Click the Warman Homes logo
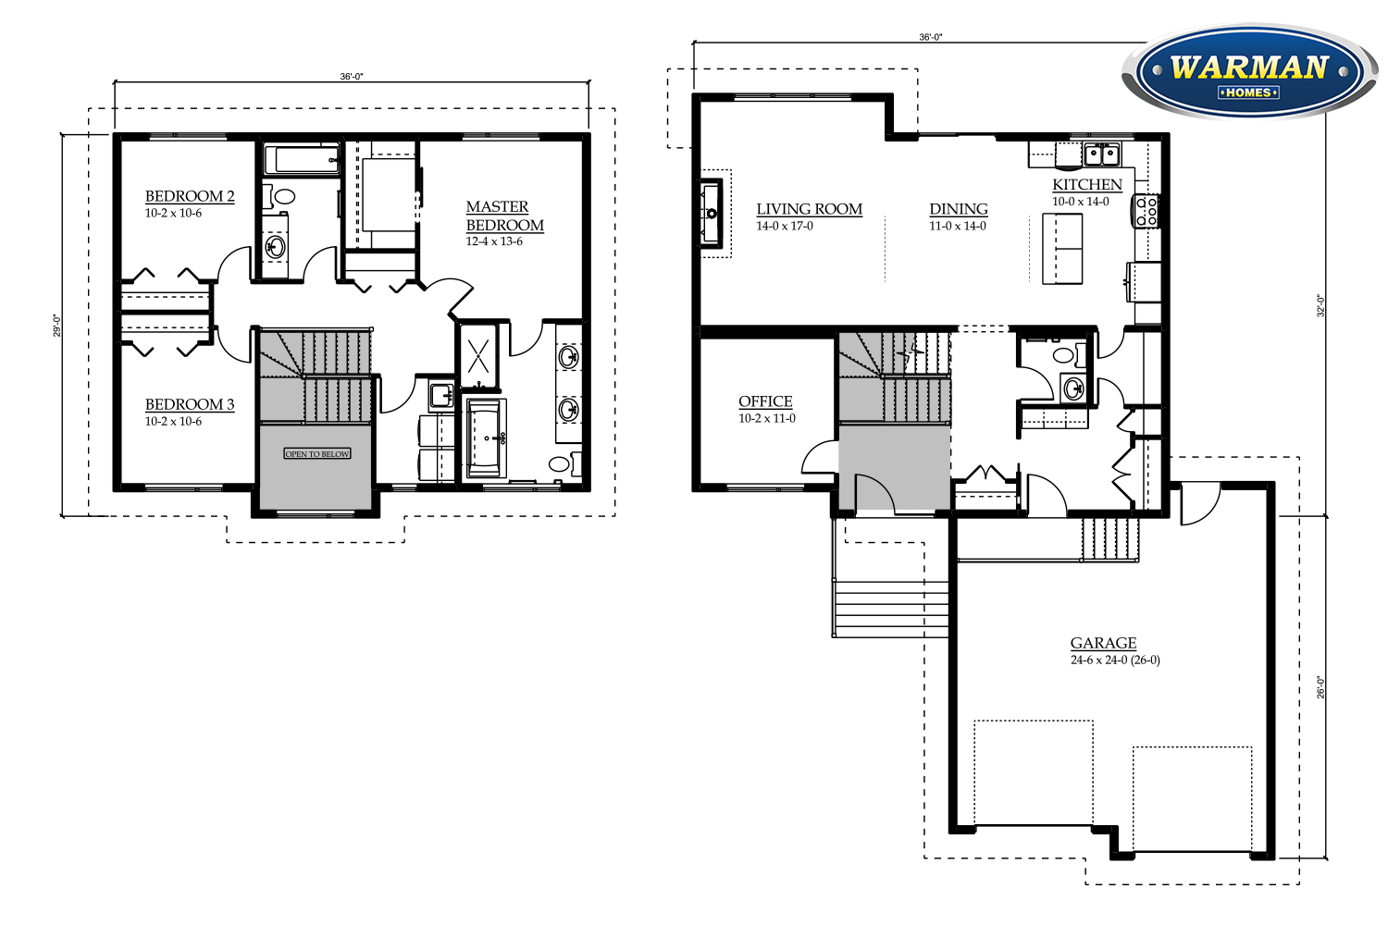click(x=1248, y=72)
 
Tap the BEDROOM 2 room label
click(x=190, y=196)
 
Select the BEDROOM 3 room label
click(x=190, y=404)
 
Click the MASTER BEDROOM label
click(x=504, y=216)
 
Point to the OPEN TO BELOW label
click(x=317, y=453)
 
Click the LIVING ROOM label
click(x=809, y=209)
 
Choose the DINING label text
click(x=959, y=209)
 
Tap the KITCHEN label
click(x=1087, y=185)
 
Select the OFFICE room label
click(x=765, y=401)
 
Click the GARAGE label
click(x=1103, y=643)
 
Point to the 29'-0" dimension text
click(x=56, y=326)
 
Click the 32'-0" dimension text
click(x=1321, y=306)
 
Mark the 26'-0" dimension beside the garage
click(x=1321, y=687)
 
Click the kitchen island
click(x=1062, y=248)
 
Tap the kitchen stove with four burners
click(x=1146, y=212)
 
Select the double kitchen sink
click(x=1101, y=154)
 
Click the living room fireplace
click(x=711, y=214)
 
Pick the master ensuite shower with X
click(x=478, y=354)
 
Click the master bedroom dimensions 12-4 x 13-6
click(x=494, y=241)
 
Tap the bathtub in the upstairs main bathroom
click(x=302, y=160)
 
